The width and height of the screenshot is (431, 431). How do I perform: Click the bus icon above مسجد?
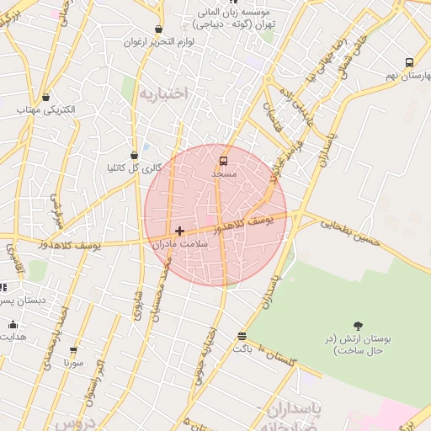click(x=223, y=160)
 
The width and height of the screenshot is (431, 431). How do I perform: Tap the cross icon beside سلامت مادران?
click(x=179, y=230)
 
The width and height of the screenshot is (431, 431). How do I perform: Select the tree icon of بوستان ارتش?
click(x=359, y=326)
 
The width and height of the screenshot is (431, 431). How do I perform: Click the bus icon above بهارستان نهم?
click(x=409, y=62)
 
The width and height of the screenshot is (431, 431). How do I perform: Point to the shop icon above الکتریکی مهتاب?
click(x=45, y=97)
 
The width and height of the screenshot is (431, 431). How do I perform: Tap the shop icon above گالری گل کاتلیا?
click(x=134, y=155)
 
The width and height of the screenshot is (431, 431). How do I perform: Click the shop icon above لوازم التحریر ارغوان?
click(x=158, y=29)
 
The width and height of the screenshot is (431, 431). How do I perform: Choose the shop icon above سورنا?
click(x=73, y=349)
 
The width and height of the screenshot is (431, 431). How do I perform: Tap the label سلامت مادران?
click(x=179, y=243)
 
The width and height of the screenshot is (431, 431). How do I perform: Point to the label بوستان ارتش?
click(x=359, y=344)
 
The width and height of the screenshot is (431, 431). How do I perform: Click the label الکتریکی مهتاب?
click(x=45, y=109)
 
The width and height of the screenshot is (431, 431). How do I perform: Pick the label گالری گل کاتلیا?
click(x=134, y=168)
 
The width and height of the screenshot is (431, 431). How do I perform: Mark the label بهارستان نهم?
click(x=399, y=75)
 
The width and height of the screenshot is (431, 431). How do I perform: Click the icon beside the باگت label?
click(x=242, y=335)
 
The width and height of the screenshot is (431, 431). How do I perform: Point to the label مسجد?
click(x=223, y=173)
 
